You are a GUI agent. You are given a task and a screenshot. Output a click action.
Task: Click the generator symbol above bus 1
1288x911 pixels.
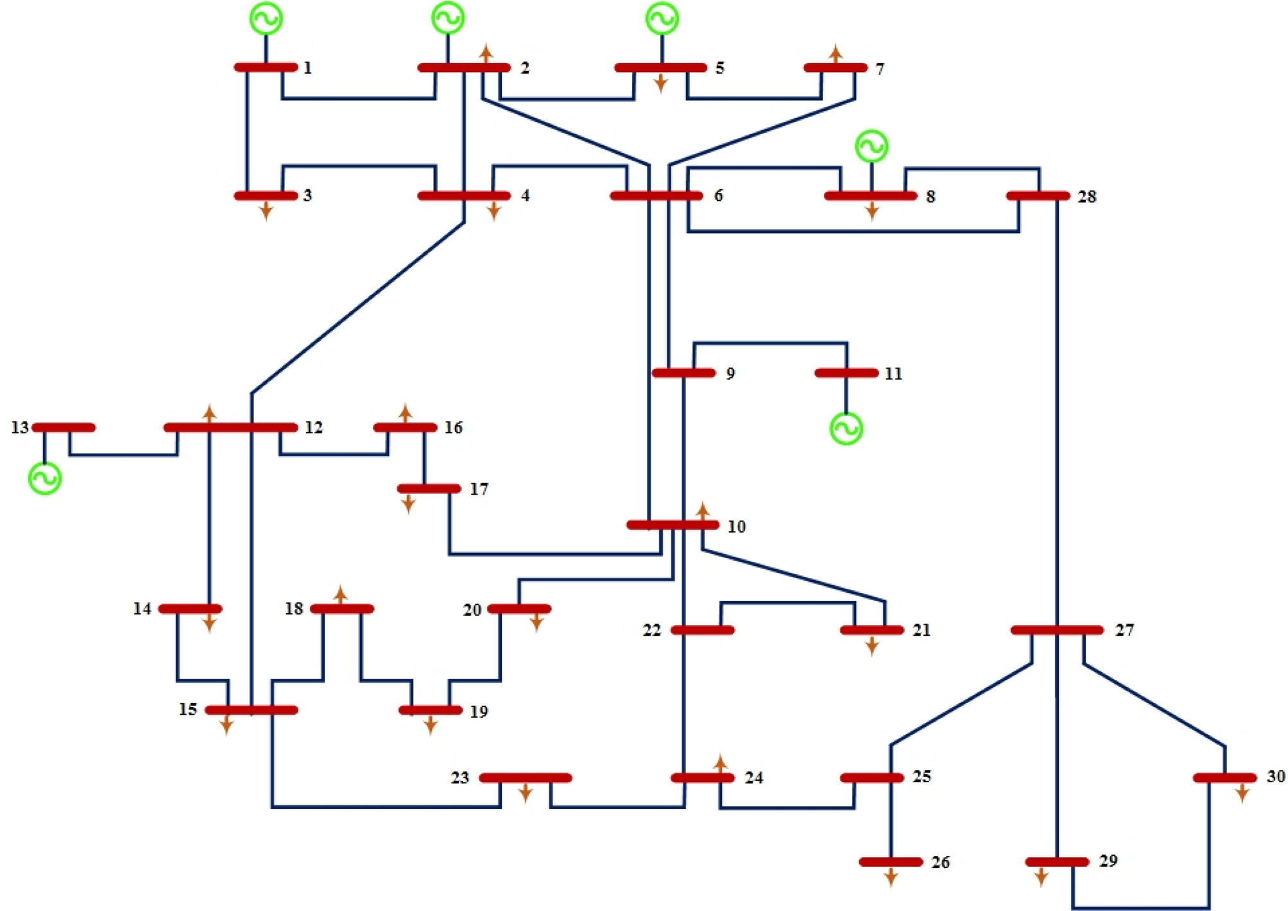266,19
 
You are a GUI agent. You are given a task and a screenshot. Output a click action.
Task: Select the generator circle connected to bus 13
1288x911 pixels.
45,478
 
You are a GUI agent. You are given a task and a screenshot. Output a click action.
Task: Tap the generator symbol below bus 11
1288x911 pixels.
846,429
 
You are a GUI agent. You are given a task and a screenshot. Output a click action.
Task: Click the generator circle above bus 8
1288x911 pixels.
872,146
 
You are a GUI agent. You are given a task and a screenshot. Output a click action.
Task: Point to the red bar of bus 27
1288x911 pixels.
1057,630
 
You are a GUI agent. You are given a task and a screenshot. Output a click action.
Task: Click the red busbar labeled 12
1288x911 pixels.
230,427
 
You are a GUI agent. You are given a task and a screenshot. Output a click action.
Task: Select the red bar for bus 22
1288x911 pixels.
702,630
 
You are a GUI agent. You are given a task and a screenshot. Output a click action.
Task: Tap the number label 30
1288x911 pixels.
1275,776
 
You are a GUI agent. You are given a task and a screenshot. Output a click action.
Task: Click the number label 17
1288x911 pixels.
479,489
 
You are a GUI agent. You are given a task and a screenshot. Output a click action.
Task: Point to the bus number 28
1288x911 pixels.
1086,196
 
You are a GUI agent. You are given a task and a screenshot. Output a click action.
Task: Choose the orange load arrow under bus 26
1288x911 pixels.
891,877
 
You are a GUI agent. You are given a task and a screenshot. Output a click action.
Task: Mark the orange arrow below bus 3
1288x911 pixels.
266,211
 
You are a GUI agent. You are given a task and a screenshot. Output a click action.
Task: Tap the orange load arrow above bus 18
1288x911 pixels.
340,595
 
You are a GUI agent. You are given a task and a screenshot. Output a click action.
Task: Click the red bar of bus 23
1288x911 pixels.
525,778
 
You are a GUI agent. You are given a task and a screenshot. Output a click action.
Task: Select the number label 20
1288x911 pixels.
472,609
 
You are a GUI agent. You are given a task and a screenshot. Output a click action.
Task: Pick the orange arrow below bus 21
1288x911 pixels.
872,646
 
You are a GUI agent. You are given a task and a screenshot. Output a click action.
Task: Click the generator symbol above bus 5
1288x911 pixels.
662,19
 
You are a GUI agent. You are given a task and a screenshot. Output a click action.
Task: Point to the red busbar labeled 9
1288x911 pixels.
683,373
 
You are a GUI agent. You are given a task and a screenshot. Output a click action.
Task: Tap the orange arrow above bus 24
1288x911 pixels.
720,763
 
